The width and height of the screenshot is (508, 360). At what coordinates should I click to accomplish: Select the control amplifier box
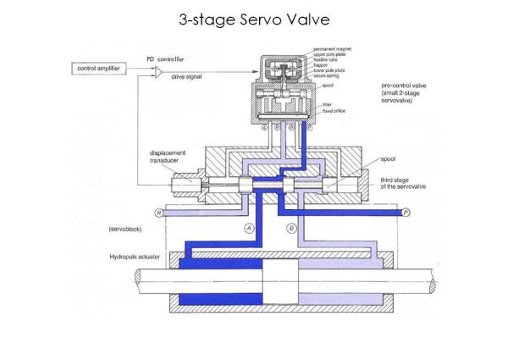[x=94, y=67]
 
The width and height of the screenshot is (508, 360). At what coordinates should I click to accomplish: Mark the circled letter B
[x=291, y=228]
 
